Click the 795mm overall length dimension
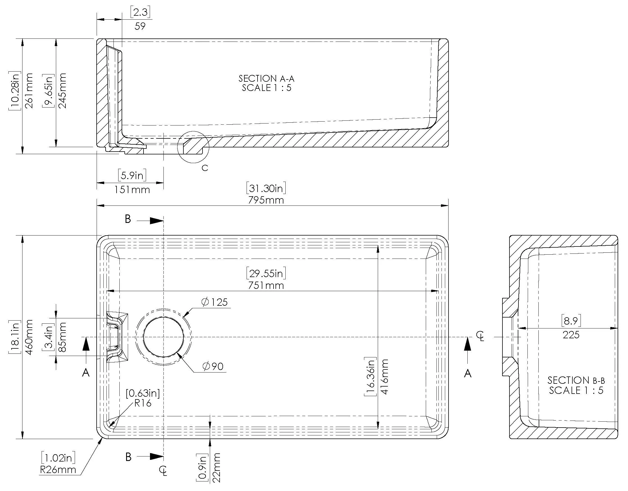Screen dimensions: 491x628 [x=266, y=200]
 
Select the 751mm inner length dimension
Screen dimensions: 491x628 [x=266, y=286]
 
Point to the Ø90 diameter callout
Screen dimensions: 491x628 [x=213, y=366]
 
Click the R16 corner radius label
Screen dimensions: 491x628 [x=143, y=403]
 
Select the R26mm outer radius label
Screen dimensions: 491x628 [x=58, y=470]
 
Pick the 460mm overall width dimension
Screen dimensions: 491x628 [x=29, y=337]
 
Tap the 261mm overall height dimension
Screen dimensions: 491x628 [x=29, y=91]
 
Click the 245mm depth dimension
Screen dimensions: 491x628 [x=62, y=91]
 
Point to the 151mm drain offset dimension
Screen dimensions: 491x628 [x=132, y=190]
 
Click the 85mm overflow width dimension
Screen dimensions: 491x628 [x=62, y=337]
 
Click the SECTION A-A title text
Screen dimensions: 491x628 [x=266, y=79]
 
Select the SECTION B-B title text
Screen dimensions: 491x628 [x=576, y=380]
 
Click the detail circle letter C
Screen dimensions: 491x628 [x=205, y=168]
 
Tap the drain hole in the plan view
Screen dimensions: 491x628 [x=163, y=337]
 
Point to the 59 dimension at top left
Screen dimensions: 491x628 [x=140, y=26]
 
